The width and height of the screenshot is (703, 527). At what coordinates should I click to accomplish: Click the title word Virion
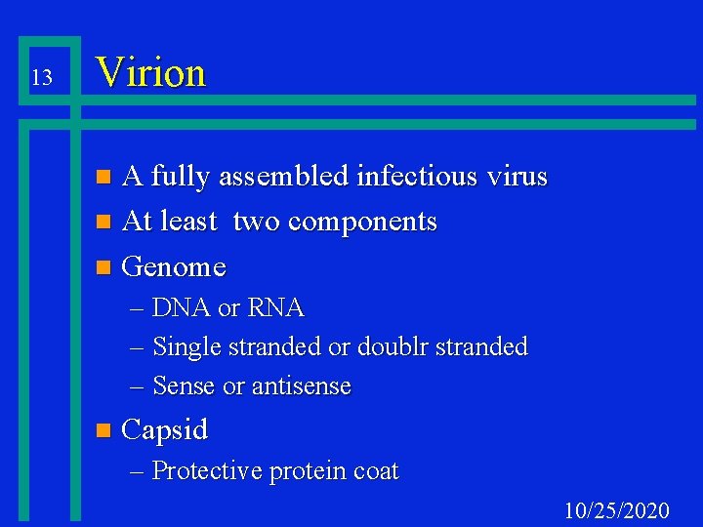pyautogui.click(x=151, y=72)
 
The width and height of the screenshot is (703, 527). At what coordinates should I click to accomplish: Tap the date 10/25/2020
pyautogui.click(x=617, y=510)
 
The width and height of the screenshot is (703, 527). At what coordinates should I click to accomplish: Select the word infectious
pyautogui.click(x=426, y=177)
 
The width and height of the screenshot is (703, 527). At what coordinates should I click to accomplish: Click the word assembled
pyautogui.click(x=284, y=177)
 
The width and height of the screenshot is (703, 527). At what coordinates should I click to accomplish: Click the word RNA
pyautogui.click(x=276, y=308)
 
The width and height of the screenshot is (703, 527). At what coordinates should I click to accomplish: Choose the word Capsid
pyautogui.click(x=165, y=429)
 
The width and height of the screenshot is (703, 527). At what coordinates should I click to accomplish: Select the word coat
pyautogui.click(x=376, y=471)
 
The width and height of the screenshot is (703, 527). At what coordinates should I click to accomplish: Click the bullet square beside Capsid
pyautogui.click(x=105, y=430)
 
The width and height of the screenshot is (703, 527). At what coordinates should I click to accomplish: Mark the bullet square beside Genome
pyautogui.click(x=105, y=267)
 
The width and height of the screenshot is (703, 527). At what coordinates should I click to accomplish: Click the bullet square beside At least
pyautogui.click(x=105, y=223)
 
